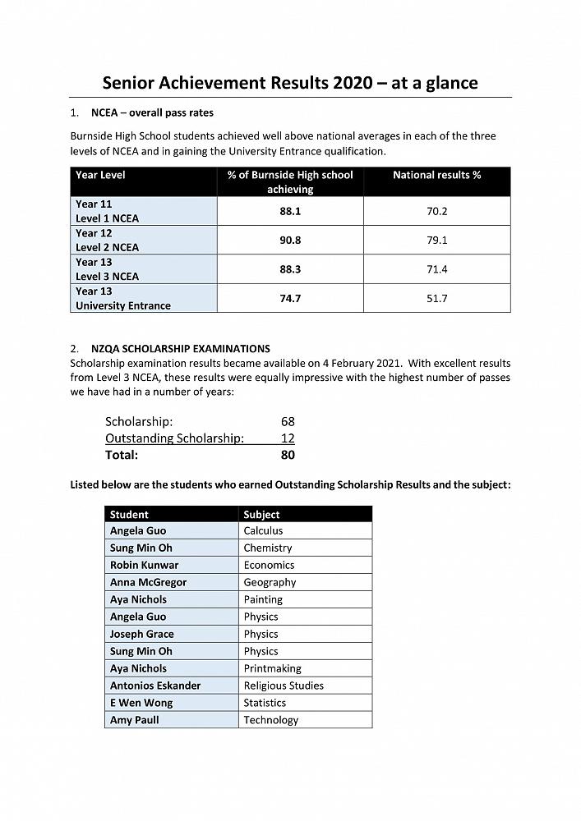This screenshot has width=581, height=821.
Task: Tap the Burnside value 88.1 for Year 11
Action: point(290,211)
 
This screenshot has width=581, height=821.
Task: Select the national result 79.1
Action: point(436,241)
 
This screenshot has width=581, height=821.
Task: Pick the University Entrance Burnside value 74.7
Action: point(290,299)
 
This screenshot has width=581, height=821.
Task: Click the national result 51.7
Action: point(436,299)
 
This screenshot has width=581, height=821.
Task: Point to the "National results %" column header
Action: point(436,175)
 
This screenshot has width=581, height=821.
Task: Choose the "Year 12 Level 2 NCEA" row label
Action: point(108,240)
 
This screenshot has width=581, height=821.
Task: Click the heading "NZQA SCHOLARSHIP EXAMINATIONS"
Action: point(181,348)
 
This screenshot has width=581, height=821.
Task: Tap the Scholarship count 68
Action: point(288,421)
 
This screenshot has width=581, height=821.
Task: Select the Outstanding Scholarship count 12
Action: point(288,438)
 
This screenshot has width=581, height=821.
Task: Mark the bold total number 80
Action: point(288,455)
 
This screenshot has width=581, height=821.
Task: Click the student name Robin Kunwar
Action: point(144,565)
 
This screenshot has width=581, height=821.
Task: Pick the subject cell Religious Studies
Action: point(284,686)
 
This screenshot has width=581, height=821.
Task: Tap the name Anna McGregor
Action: point(148,582)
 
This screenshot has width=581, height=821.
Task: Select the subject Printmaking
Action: point(272,668)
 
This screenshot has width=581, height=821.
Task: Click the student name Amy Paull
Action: point(135,720)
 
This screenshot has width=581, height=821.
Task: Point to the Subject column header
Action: point(261,514)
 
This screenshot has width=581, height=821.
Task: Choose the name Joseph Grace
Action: point(141,634)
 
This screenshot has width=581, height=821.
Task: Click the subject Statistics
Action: point(265,703)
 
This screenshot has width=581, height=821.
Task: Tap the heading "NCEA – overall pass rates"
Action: point(152,112)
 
